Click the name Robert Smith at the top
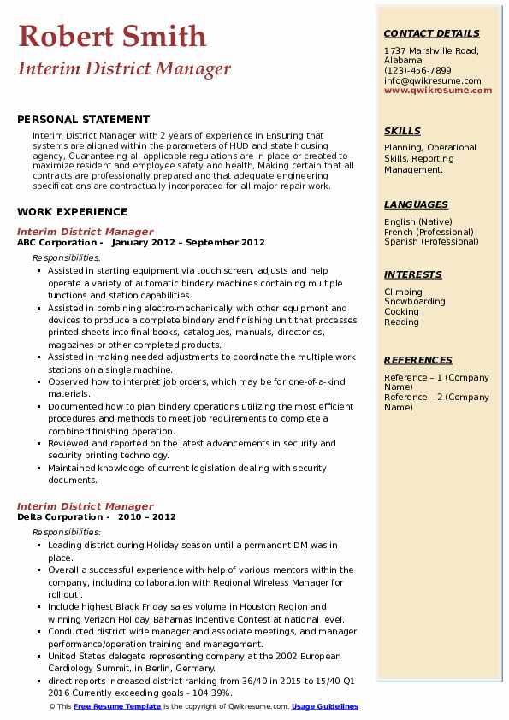point(112,36)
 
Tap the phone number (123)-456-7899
point(417,70)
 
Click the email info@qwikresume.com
point(432,80)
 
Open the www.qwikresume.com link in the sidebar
point(438,90)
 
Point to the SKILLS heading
point(402,131)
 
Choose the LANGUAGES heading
point(416,204)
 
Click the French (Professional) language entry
point(429,232)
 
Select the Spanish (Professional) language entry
point(431,241)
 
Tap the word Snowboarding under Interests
point(414,302)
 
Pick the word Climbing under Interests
point(403,292)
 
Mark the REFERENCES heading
point(418,360)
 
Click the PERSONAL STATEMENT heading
point(83,120)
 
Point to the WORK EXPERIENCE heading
point(72,211)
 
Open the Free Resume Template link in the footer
point(116,706)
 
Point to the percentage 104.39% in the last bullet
point(212,693)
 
